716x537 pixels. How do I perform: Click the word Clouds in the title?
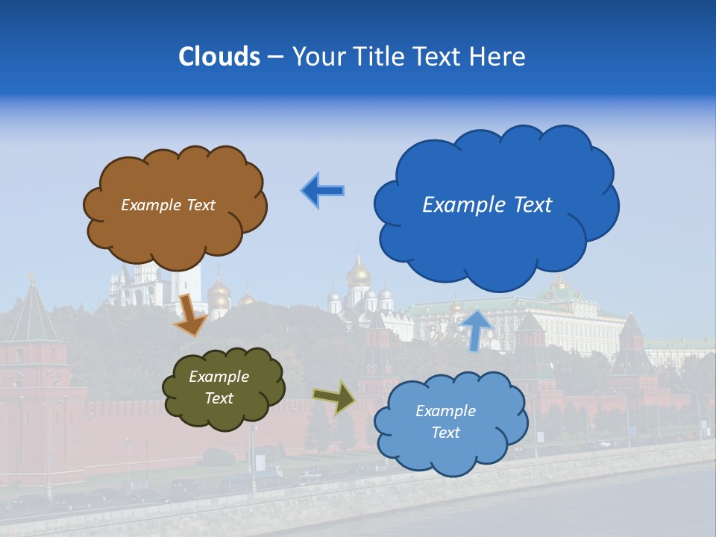pos(219,57)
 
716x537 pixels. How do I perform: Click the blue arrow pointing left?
pos(323,190)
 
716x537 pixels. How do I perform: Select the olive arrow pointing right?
pos(334,397)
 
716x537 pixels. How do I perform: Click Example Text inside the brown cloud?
pos(168,205)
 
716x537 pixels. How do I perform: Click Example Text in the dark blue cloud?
pos(487,205)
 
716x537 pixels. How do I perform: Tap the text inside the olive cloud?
pos(219,387)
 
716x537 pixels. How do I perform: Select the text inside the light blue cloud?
pos(445,421)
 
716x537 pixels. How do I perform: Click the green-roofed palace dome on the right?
pos(557,287)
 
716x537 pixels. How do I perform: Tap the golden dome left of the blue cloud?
pos(359,273)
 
